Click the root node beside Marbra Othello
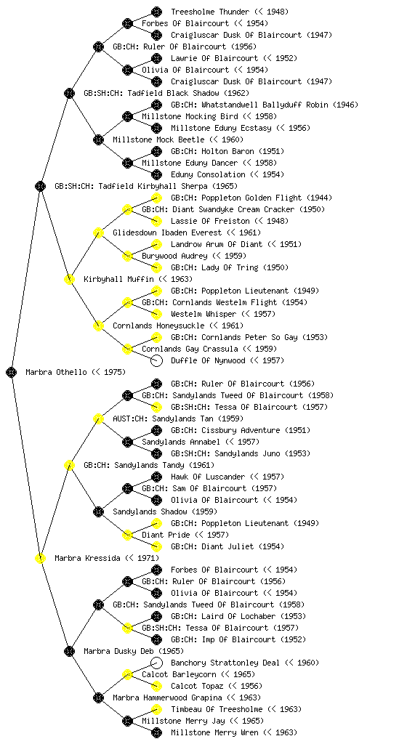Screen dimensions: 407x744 (x=12, y=372)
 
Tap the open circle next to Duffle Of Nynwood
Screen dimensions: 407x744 (x=156, y=360)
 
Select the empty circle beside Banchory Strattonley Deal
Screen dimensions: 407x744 (x=156, y=663)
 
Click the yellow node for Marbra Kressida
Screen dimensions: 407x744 (x=40, y=558)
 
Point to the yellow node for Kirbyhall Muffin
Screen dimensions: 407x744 (x=69, y=279)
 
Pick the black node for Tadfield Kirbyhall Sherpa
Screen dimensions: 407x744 (x=40, y=186)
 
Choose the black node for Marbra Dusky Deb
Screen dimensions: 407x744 (x=69, y=651)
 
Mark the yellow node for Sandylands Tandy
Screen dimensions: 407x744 (x=69, y=465)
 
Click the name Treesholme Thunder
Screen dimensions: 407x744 (x=209, y=12)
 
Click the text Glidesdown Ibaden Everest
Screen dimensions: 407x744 (x=167, y=232)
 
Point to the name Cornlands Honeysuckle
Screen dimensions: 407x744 (x=158, y=325)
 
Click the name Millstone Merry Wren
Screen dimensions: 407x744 (x=214, y=732)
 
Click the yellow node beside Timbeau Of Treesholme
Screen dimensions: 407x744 (x=156, y=709)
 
